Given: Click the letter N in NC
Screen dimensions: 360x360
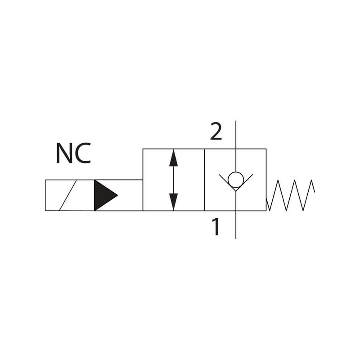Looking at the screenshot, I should (64, 153).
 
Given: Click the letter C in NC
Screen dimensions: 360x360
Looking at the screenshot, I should (82, 153).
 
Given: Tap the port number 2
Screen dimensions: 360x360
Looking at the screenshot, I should (216, 132).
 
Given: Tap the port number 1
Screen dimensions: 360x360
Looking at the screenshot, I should (216, 227).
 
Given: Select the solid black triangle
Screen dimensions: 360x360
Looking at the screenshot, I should (103, 195).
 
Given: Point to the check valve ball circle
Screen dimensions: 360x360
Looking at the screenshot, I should (235, 180).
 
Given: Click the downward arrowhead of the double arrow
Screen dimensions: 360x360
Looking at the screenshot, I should (174, 202).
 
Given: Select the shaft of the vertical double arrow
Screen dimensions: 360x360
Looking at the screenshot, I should (174, 180).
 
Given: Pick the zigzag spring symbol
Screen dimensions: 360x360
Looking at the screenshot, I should (290, 195).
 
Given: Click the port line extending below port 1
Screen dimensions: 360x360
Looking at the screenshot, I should (235, 225).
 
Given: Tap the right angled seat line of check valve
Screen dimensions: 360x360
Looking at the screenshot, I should (245, 181).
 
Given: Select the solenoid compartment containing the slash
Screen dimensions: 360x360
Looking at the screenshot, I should (70, 195).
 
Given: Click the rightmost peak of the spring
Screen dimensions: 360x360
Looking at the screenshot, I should (311, 181).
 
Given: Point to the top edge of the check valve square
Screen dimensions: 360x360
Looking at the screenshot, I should (252, 149).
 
